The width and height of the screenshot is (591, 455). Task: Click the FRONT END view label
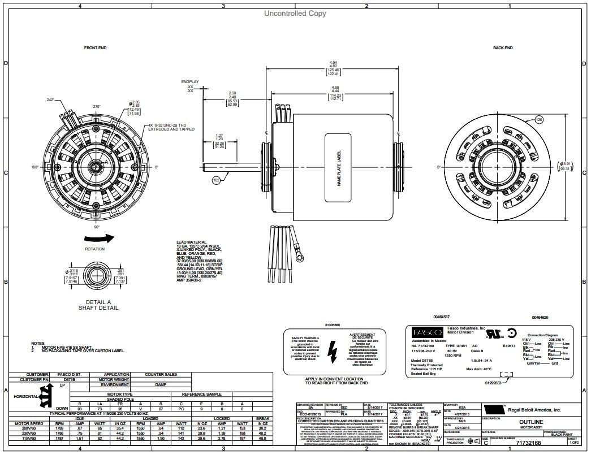(x=95, y=48)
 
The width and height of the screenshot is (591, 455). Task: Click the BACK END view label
(x=502, y=48)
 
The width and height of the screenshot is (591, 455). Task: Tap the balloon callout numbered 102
(x=217, y=181)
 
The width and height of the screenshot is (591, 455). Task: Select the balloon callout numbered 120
(x=538, y=120)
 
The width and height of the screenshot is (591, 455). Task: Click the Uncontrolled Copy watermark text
(x=295, y=14)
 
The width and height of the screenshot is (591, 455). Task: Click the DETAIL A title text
(x=98, y=302)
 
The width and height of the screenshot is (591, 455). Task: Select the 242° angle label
(x=51, y=99)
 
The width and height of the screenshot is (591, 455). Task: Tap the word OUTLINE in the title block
(x=531, y=422)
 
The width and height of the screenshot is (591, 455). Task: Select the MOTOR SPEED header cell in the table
(x=29, y=423)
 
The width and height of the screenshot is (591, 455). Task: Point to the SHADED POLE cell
(x=120, y=398)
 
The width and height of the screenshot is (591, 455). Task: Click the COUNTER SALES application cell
(x=161, y=374)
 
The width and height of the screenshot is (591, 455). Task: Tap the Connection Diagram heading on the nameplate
(x=543, y=335)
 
